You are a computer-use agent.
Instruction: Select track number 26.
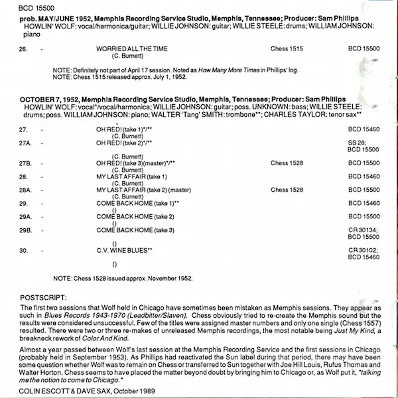(23, 49)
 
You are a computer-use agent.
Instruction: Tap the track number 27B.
(25, 163)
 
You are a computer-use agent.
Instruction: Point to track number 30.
(23, 251)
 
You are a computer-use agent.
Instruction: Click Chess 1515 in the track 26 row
(286, 49)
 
